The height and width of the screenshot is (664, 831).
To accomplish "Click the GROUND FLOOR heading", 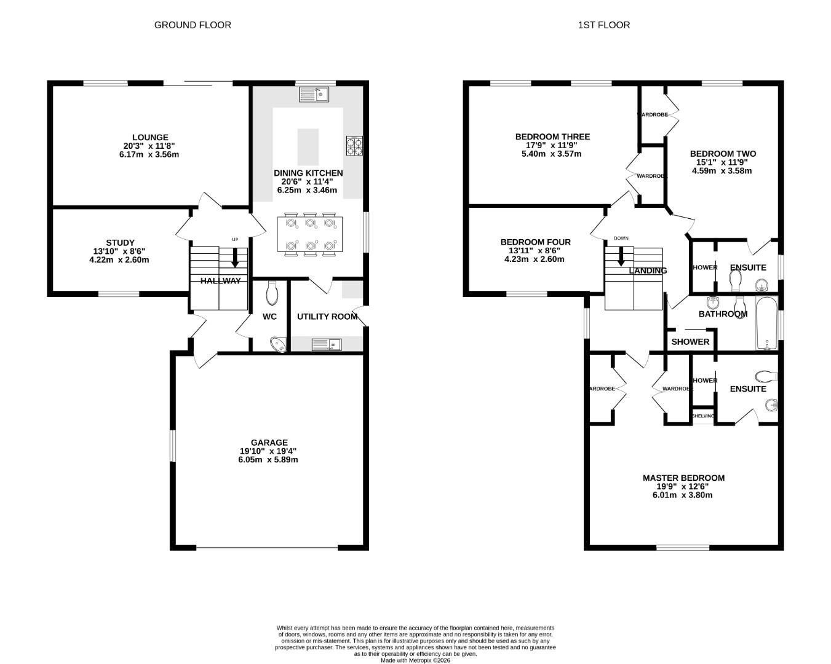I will (193, 25).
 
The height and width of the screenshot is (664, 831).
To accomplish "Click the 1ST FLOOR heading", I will (603, 25).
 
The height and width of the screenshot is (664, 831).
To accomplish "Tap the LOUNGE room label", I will (149, 137).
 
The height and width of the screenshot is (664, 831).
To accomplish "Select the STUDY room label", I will (119, 243).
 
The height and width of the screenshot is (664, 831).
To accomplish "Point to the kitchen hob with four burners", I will (354, 146).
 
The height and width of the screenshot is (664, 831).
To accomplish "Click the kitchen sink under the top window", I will (314, 95).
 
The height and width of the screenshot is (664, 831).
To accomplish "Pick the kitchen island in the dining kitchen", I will (308, 148).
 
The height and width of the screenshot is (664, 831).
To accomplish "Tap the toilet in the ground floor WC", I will (272, 293).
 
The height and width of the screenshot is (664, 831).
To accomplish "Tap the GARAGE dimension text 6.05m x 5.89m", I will (268, 460).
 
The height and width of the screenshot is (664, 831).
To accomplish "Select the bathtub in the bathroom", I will (766, 323).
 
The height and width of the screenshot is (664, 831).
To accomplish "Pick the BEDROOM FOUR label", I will (535, 242).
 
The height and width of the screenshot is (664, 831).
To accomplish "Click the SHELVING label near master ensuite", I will (703, 416).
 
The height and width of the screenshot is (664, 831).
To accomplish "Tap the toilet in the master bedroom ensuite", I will (765, 375).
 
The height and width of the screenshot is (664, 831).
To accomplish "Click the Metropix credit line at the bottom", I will (415, 661).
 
